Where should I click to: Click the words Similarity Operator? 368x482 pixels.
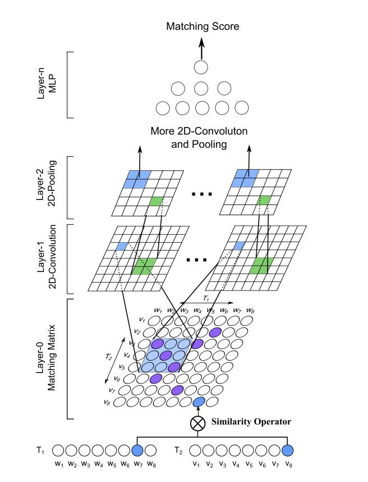(x=251, y=421)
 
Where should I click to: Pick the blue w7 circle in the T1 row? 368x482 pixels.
(x=137, y=451)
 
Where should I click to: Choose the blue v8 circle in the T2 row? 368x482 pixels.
(x=288, y=451)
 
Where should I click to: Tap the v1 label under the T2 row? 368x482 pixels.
(x=196, y=464)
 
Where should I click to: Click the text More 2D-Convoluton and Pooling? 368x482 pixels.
(x=200, y=138)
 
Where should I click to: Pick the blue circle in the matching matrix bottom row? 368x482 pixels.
(x=199, y=402)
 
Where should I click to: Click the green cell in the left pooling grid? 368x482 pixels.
(x=156, y=201)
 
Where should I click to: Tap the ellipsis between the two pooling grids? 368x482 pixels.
(x=200, y=194)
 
